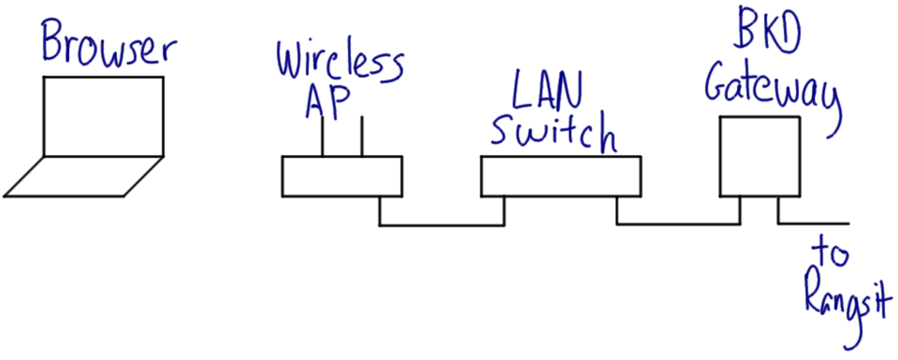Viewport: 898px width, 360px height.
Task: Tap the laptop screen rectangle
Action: [x=104, y=117]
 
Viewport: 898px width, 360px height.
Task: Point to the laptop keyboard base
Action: [x=82, y=177]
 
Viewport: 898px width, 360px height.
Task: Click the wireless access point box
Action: [x=342, y=177]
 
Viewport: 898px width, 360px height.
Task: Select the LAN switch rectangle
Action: [x=561, y=177]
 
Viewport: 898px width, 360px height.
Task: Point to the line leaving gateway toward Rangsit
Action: [x=814, y=225]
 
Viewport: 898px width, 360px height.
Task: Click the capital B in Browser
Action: [x=56, y=43]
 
